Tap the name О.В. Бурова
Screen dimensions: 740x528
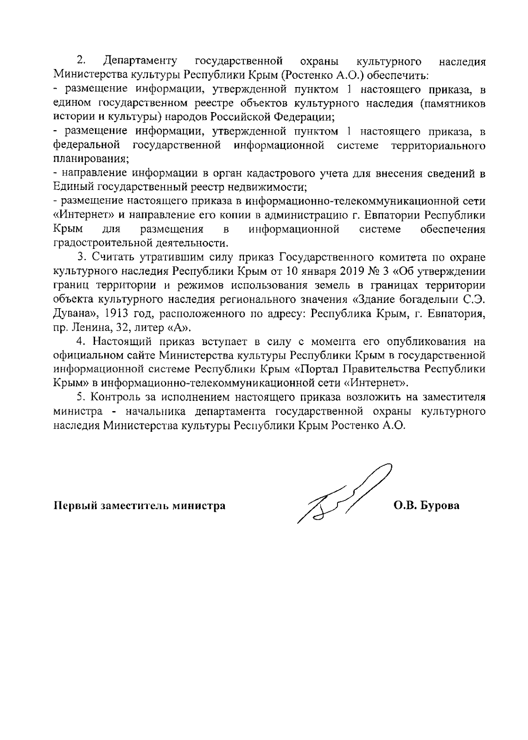[426, 506]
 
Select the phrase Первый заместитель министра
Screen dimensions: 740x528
[139, 506]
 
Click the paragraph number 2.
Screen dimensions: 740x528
[81, 61]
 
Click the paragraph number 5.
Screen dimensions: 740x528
[81, 397]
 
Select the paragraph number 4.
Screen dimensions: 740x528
[81, 341]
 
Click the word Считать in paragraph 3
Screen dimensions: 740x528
[113, 257]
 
